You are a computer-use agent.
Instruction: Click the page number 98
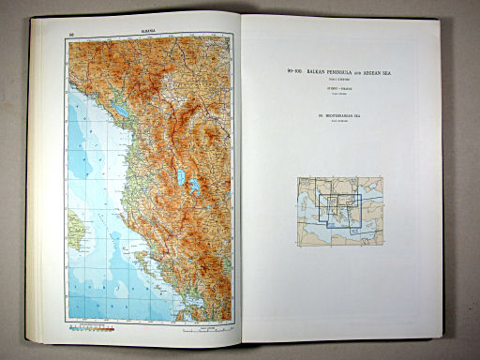click(71, 35)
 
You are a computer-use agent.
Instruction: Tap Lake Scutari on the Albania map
click(122, 110)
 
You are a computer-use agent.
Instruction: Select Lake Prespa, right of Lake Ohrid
click(194, 187)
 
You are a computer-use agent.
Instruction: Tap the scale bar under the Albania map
click(202, 328)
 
